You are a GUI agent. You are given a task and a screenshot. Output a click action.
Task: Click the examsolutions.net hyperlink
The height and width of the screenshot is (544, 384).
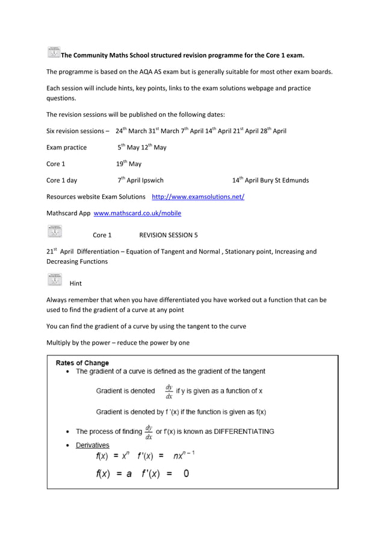(x=197, y=197)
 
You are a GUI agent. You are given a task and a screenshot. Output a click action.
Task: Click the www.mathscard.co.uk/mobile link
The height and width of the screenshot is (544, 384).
(x=137, y=213)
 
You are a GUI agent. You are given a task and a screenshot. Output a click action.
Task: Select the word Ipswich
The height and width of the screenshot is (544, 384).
(x=152, y=180)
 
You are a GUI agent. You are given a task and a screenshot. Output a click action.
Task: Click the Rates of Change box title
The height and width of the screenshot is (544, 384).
(x=82, y=363)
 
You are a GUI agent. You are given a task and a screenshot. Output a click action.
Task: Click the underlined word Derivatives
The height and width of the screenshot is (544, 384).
(x=92, y=445)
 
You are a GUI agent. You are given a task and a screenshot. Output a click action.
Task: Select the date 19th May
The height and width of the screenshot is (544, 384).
(x=129, y=164)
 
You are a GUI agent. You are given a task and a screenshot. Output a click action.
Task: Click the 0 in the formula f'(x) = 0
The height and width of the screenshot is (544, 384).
(x=186, y=474)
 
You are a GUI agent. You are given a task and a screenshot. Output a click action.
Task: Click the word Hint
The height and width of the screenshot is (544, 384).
(x=76, y=283)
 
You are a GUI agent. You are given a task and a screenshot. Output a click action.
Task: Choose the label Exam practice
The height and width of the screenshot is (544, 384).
(x=66, y=148)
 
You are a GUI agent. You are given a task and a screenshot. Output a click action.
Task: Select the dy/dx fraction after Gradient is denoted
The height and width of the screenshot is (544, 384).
(x=169, y=391)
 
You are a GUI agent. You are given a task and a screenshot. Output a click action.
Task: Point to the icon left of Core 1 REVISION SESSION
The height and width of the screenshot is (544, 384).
(x=54, y=231)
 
